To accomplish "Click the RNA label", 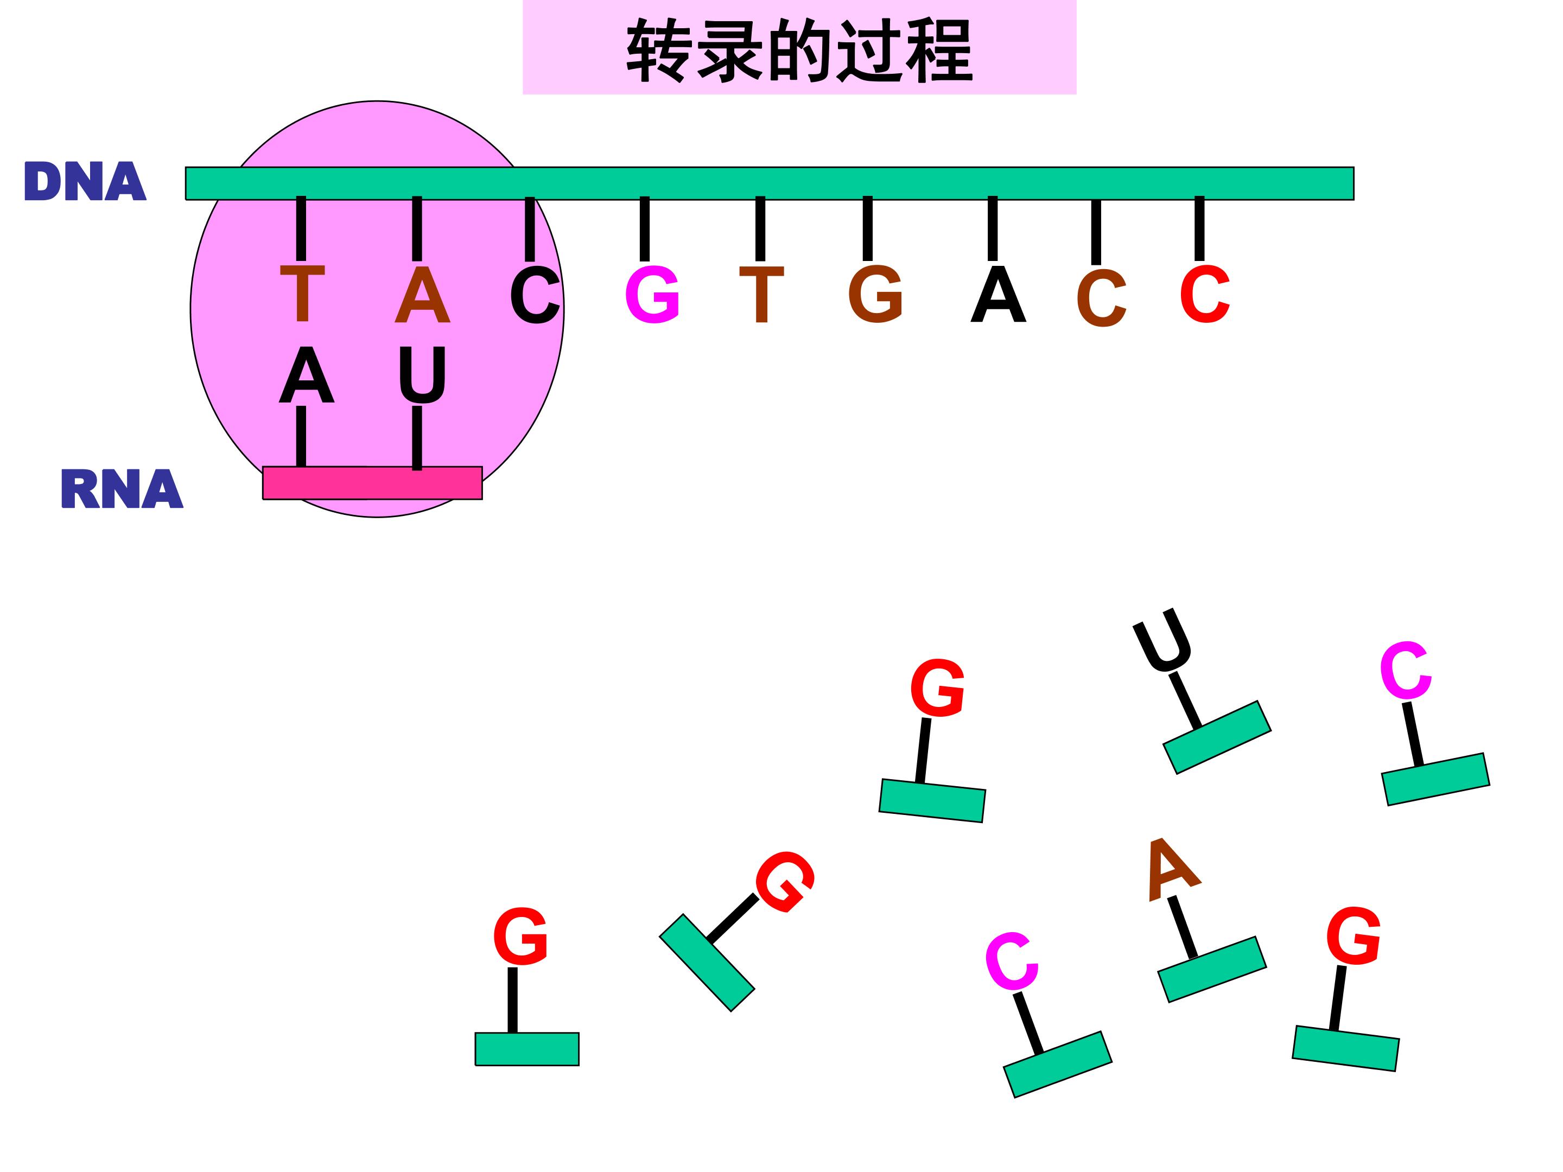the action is pos(122,488).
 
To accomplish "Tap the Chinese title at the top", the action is pos(799,49).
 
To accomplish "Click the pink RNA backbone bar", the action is pos(372,483).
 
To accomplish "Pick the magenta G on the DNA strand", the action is pos(652,294).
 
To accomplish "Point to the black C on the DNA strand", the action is pos(535,295).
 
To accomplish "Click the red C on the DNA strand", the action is pos(1205,294).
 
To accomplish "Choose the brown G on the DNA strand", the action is pos(875,294).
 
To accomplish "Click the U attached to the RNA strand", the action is pos(423,374).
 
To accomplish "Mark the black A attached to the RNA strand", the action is pos(306,374).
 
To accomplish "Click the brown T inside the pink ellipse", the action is pos(302,294).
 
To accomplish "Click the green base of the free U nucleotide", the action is pos(1217,737).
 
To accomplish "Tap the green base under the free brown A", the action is pos(1212,969).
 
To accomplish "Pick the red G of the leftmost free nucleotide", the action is pos(520,937).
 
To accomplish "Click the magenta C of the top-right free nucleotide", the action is pos(1406,671).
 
